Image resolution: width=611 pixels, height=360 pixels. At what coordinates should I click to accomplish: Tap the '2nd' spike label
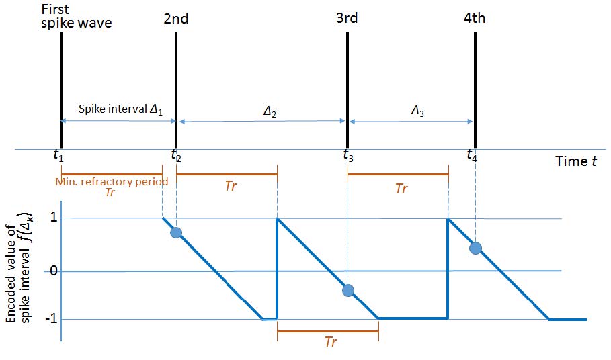coord(176,19)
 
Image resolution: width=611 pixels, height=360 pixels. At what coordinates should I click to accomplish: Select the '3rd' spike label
coord(347,19)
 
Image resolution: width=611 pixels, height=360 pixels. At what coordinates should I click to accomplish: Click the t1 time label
coord(58,156)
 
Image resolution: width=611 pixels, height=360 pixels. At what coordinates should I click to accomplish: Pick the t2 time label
coord(175,156)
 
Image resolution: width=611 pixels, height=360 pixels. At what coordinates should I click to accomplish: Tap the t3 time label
coord(348,156)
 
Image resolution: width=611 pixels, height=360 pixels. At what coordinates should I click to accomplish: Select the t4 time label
coord(473,156)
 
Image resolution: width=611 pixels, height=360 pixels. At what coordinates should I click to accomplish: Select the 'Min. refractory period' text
coord(111,181)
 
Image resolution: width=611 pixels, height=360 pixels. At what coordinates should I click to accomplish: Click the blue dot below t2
coord(176,232)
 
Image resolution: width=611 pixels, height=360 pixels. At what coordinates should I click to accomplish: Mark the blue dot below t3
coord(348,290)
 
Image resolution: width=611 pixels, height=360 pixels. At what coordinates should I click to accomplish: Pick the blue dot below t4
coord(475,248)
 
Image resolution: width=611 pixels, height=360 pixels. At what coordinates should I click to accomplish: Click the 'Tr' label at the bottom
coord(330,343)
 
